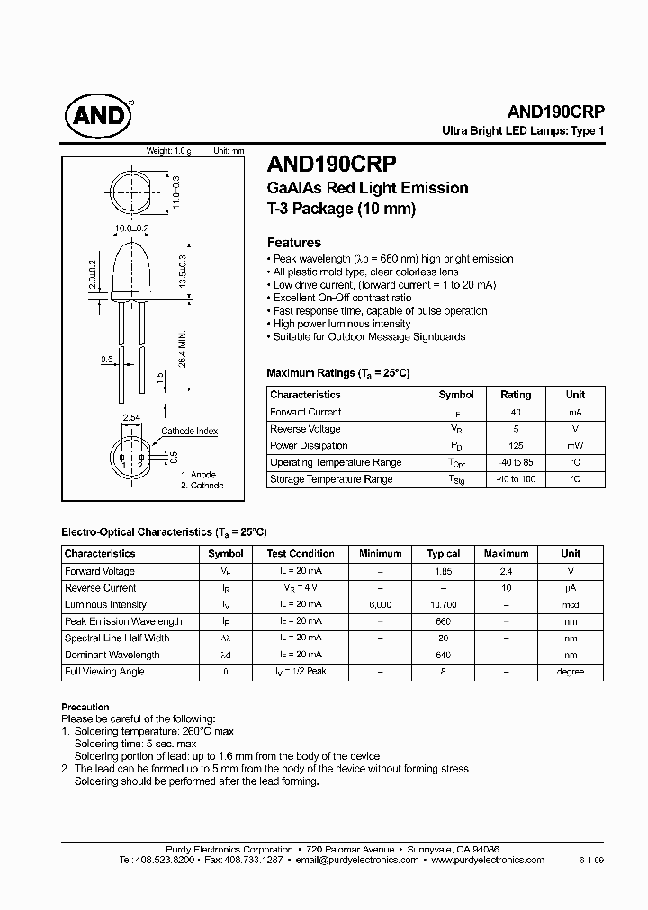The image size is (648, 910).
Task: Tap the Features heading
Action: [294, 242]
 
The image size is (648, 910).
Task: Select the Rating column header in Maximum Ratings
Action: [516, 395]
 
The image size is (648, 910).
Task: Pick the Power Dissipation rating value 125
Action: [516, 446]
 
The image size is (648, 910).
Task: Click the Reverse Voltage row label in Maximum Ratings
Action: [305, 429]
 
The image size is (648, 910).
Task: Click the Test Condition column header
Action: [301, 554]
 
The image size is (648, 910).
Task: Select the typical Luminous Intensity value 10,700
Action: [444, 605]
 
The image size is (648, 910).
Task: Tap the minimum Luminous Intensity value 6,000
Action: [381, 605]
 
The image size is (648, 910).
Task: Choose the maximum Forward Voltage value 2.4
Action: [507, 571]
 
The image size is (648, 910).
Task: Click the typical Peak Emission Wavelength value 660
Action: [444, 621]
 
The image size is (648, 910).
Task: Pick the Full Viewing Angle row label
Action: [104, 672]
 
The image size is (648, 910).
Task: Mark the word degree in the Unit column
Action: [571, 672]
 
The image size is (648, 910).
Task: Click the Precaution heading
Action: [85, 707]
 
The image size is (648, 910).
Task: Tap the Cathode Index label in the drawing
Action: [189, 432]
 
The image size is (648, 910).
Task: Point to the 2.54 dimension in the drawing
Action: [131, 418]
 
